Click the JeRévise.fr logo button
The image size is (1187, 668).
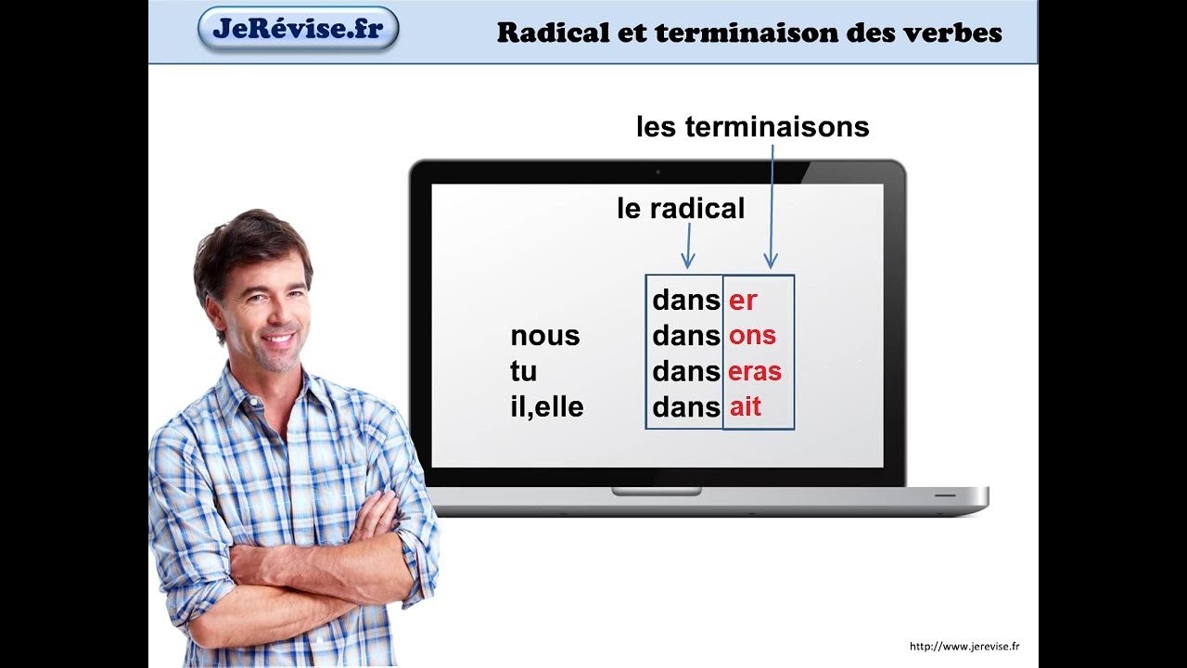click(299, 29)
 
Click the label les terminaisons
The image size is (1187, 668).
click(752, 127)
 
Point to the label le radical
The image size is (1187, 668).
click(681, 208)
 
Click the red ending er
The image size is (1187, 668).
click(743, 301)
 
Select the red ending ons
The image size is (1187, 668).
click(752, 336)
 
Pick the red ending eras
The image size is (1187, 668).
click(755, 371)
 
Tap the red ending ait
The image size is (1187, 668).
click(746, 406)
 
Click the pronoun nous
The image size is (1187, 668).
click(545, 336)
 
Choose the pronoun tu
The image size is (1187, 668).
click(524, 371)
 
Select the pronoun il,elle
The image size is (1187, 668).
click(547, 407)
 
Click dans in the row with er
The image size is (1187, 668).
click(686, 300)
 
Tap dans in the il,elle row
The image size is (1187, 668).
click(686, 406)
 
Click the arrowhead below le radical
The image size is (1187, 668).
click(688, 261)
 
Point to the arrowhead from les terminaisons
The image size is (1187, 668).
click(771, 261)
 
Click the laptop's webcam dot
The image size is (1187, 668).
click(657, 173)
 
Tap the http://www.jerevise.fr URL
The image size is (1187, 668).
click(964, 646)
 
